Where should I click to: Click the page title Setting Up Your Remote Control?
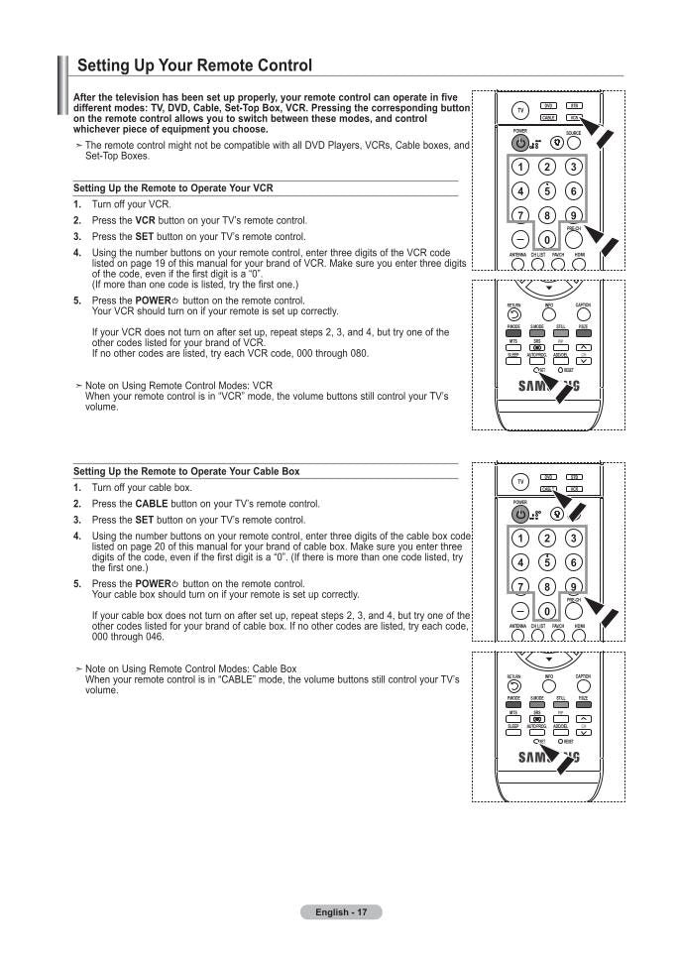point(194,65)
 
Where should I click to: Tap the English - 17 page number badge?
point(341,911)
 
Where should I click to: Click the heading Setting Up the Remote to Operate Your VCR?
point(172,187)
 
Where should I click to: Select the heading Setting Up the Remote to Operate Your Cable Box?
point(185,471)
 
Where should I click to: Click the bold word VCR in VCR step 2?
point(146,220)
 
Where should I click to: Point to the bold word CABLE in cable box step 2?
point(151,504)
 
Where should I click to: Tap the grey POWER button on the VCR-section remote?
point(519,143)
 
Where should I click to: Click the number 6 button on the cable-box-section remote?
point(573,562)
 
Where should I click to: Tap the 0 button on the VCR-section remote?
point(546,240)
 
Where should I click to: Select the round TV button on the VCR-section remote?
point(520,110)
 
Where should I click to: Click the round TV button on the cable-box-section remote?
point(520,482)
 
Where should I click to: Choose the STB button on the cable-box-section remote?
point(573,477)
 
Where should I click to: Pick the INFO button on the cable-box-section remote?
point(548,676)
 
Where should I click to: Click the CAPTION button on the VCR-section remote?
point(583,305)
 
